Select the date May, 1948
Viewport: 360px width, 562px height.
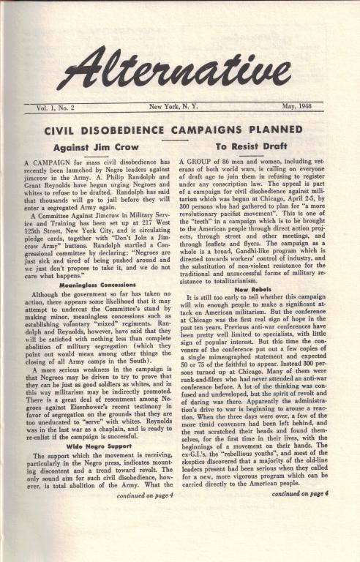[299, 108]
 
